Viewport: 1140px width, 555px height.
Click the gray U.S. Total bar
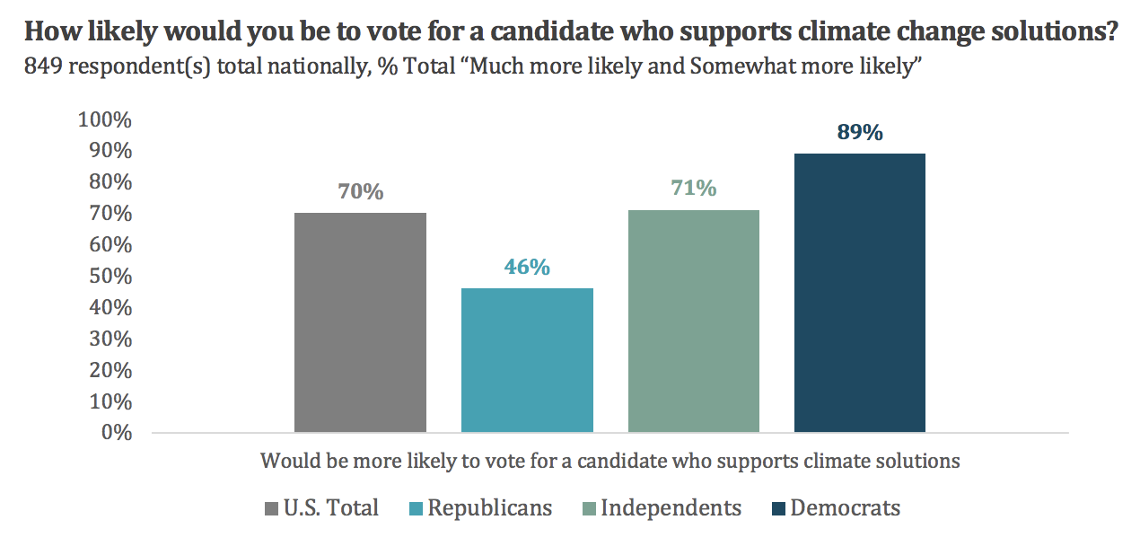click(360, 322)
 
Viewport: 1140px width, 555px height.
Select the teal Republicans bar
click(527, 360)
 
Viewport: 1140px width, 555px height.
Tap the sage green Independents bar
click(694, 321)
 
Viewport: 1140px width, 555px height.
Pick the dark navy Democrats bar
click(860, 293)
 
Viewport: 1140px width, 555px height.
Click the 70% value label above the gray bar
click(360, 192)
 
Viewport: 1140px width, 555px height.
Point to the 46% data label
click(527, 268)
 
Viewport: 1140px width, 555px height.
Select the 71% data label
click(694, 189)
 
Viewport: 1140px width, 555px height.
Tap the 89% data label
click(860, 133)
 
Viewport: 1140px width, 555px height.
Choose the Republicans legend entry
click(479, 508)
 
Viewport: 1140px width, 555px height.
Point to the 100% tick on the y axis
click(105, 120)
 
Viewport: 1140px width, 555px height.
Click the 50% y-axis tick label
click(110, 277)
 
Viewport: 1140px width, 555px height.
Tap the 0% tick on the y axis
click(116, 433)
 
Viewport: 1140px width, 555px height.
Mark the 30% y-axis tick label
click(110, 339)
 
